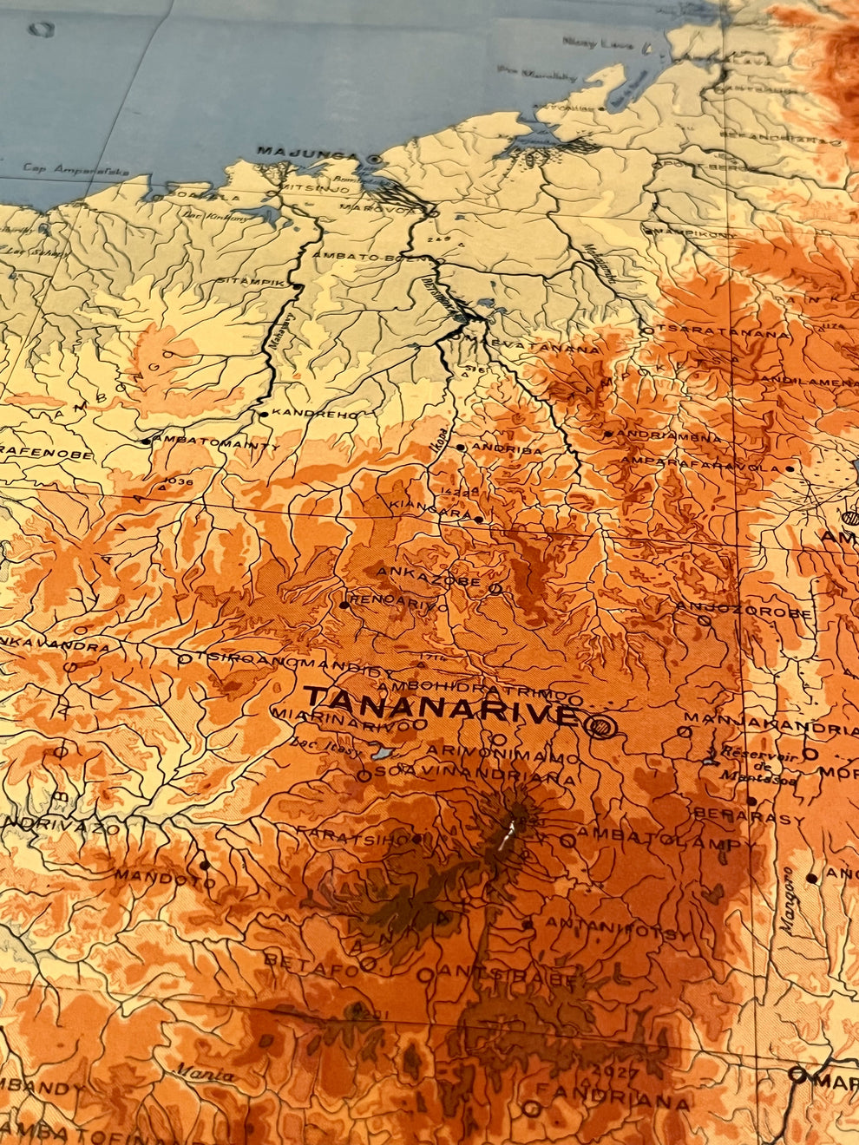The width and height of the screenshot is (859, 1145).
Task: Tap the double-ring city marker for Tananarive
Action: (x=602, y=727)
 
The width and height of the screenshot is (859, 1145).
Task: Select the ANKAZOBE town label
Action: (x=429, y=575)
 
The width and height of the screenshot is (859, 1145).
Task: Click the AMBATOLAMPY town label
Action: (x=666, y=838)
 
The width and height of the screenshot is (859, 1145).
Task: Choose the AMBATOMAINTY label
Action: (x=217, y=444)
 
